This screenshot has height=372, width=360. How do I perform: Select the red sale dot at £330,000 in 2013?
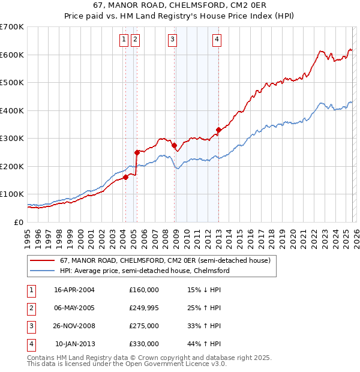[218, 130]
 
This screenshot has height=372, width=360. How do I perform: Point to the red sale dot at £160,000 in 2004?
[126, 177]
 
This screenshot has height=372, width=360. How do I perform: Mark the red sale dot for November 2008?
[174, 145]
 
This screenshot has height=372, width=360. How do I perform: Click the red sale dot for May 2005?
[137, 152]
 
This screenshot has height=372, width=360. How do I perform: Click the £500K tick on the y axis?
[12, 83]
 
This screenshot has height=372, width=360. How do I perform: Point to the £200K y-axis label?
[12, 166]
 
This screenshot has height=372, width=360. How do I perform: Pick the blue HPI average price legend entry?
[144, 271]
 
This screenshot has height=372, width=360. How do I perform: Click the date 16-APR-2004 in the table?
[74, 290]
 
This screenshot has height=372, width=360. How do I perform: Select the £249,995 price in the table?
[144, 308]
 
